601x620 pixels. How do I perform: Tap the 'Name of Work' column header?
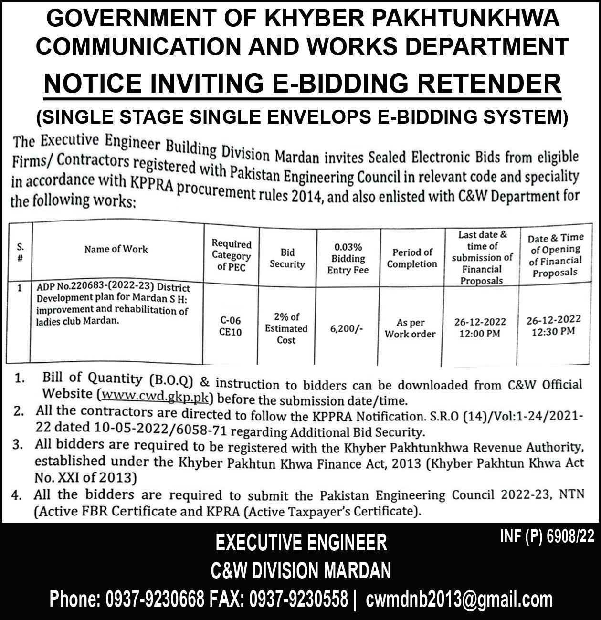click(x=116, y=249)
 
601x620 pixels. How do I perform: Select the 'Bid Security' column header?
click(x=287, y=258)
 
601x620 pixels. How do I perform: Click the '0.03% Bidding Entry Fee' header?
click(x=348, y=259)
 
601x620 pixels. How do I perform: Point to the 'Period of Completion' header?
click(x=412, y=258)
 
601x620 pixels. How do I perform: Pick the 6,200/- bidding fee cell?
click(x=347, y=329)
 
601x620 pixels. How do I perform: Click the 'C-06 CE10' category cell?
click(x=231, y=326)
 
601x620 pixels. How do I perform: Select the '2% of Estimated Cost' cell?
click(x=286, y=328)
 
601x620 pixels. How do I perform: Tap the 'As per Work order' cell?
click(x=410, y=328)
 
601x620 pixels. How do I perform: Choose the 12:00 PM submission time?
click(x=480, y=334)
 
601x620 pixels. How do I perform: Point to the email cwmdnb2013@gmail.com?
click(x=459, y=599)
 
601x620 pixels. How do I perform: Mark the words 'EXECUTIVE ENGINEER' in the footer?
click(x=301, y=543)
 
